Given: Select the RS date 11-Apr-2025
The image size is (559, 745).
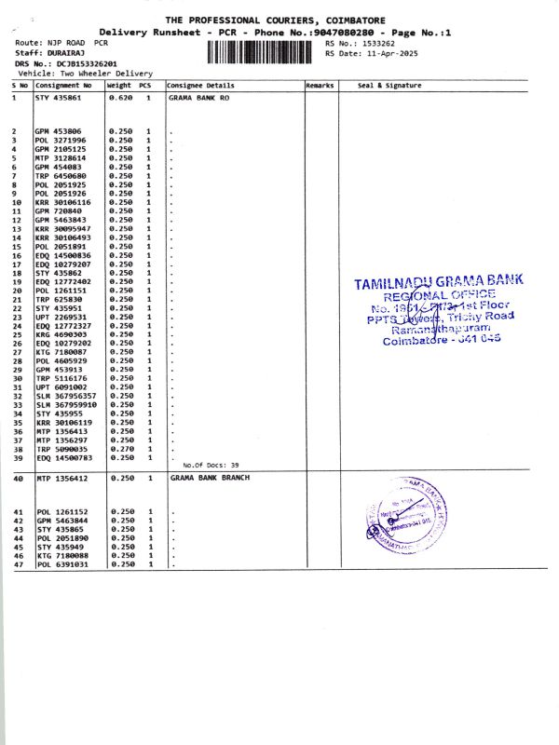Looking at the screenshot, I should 385,53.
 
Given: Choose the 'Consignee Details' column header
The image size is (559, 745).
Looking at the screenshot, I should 200,85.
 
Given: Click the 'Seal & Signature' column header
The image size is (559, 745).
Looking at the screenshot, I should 389,85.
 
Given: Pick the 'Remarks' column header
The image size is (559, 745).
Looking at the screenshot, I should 320,85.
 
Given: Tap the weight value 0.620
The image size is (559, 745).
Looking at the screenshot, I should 119,97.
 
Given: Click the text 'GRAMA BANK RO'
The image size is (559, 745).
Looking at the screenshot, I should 199,97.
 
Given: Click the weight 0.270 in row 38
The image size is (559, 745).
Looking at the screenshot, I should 119,448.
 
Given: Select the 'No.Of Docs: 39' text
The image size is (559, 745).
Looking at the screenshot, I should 211,465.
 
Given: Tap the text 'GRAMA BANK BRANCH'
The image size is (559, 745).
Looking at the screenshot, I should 207,477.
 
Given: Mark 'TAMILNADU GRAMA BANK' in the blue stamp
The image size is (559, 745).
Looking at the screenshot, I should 439,280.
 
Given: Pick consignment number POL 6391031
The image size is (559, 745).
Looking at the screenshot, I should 62,564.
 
